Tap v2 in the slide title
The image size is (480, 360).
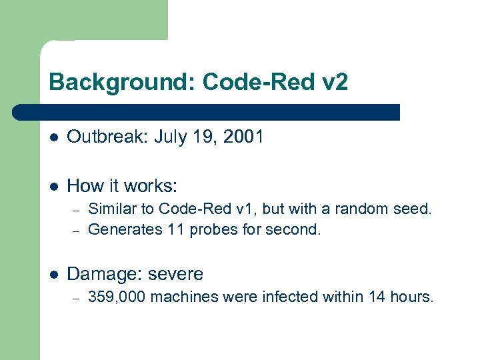(333, 83)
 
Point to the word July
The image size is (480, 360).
(169, 137)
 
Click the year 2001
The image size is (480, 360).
(243, 137)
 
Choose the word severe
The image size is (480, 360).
(175, 273)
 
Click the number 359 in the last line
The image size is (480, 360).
(99, 297)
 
